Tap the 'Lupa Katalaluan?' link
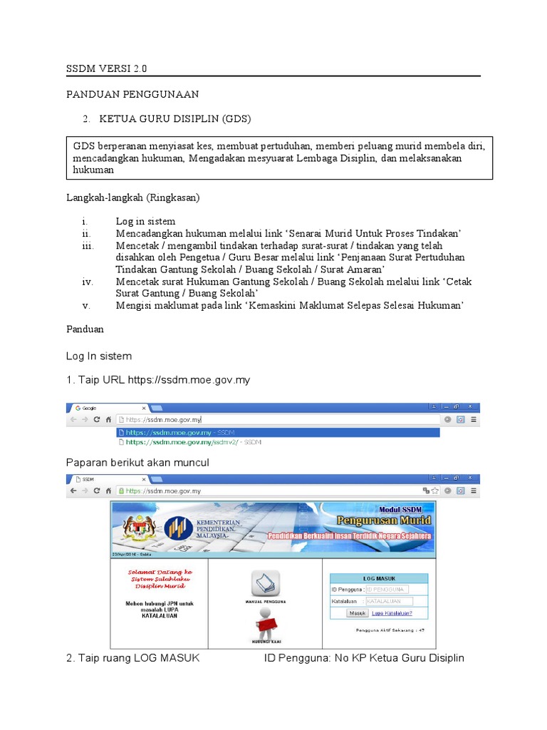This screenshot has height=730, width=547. click(x=392, y=612)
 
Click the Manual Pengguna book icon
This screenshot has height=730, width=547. click(x=266, y=583)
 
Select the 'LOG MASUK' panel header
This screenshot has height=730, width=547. click(x=379, y=578)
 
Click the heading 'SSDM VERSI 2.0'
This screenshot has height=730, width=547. click(x=108, y=69)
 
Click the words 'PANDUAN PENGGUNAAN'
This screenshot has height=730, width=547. click(x=132, y=94)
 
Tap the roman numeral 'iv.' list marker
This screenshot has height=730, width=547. click(x=88, y=282)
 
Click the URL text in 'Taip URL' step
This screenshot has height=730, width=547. click(x=189, y=380)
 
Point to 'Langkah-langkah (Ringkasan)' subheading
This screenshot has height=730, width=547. click(x=133, y=196)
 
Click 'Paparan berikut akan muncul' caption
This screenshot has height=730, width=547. click(x=137, y=463)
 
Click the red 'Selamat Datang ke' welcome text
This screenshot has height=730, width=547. click(x=158, y=572)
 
